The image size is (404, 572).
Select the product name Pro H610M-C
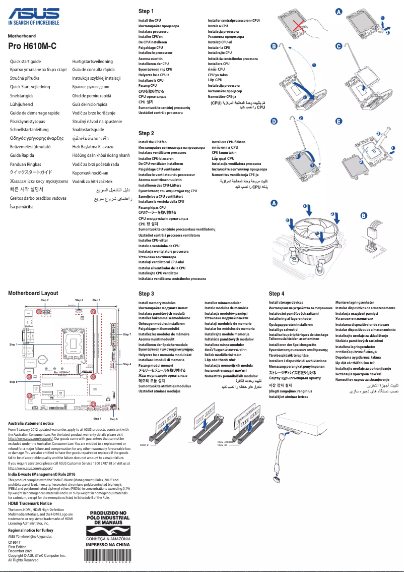pos(32,46)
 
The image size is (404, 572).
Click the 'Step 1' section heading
pos(146,11)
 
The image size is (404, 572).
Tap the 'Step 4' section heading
pos(277,294)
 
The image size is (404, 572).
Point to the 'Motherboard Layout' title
pos(33,293)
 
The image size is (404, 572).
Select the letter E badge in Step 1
pos(339,122)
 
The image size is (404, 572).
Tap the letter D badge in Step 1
pos(274,122)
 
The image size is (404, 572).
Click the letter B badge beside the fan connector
pos(364,216)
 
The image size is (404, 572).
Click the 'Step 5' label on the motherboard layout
pos(14,382)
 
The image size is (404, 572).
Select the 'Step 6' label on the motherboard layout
pos(114,419)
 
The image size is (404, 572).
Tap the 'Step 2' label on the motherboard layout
pos(79,300)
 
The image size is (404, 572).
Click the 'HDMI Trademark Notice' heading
pos(30,503)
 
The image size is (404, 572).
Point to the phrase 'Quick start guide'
pos(26,61)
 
